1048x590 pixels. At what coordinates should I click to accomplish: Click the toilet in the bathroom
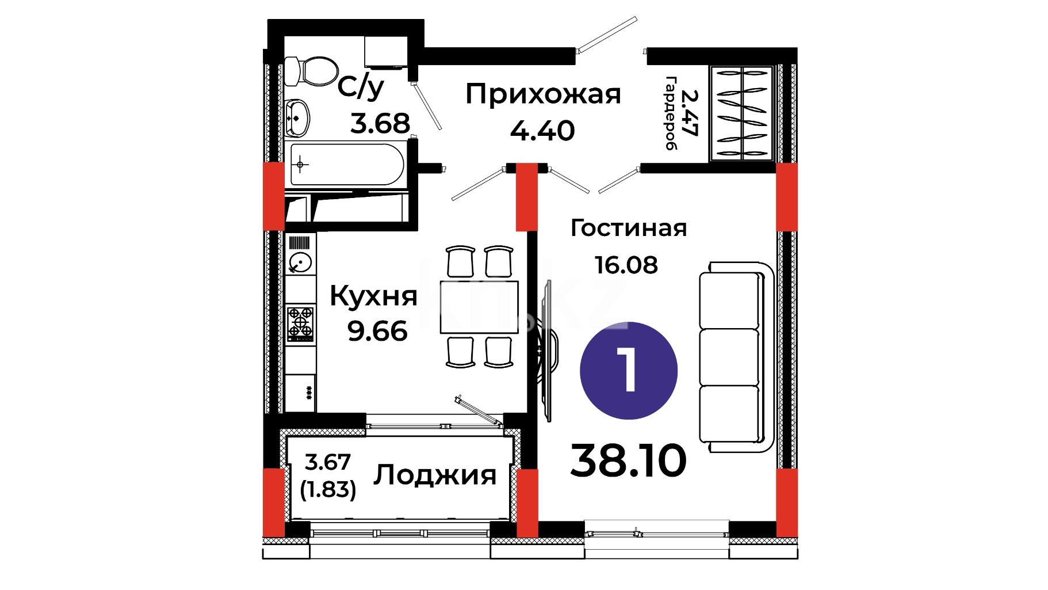pyautogui.click(x=311, y=71)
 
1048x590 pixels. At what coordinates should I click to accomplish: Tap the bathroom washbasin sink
pyautogui.click(x=297, y=117)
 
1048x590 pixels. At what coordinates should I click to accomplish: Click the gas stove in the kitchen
pyautogui.click(x=300, y=323)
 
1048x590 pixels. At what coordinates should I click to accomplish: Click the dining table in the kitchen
pyautogui.click(x=479, y=307)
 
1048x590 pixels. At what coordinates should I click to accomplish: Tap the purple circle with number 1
pyautogui.click(x=629, y=370)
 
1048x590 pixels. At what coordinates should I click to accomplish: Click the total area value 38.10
pyautogui.click(x=628, y=461)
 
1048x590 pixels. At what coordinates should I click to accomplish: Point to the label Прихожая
pyautogui.click(x=543, y=94)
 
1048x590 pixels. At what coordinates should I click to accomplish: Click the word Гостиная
pyautogui.click(x=629, y=229)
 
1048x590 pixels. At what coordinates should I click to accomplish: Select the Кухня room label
pyautogui.click(x=373, y=296)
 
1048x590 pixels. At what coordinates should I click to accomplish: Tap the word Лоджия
pyautogui.click(x=435, y=475)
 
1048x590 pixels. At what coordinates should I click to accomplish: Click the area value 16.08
pyautogui.click(x=626, y=265)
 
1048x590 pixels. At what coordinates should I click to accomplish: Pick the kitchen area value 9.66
pyautogui.click(x=377, y=331)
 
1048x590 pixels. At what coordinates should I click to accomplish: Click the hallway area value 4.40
pyautogui.click(x=542, y=131)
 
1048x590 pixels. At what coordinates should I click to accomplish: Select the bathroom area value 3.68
pyautogui.click(x=380, y=123)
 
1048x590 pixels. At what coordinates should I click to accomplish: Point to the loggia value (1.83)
pyautogui.click(x=328, y=489)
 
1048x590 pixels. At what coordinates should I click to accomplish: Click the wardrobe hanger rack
pyautogui.click(x=741, y=112)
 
